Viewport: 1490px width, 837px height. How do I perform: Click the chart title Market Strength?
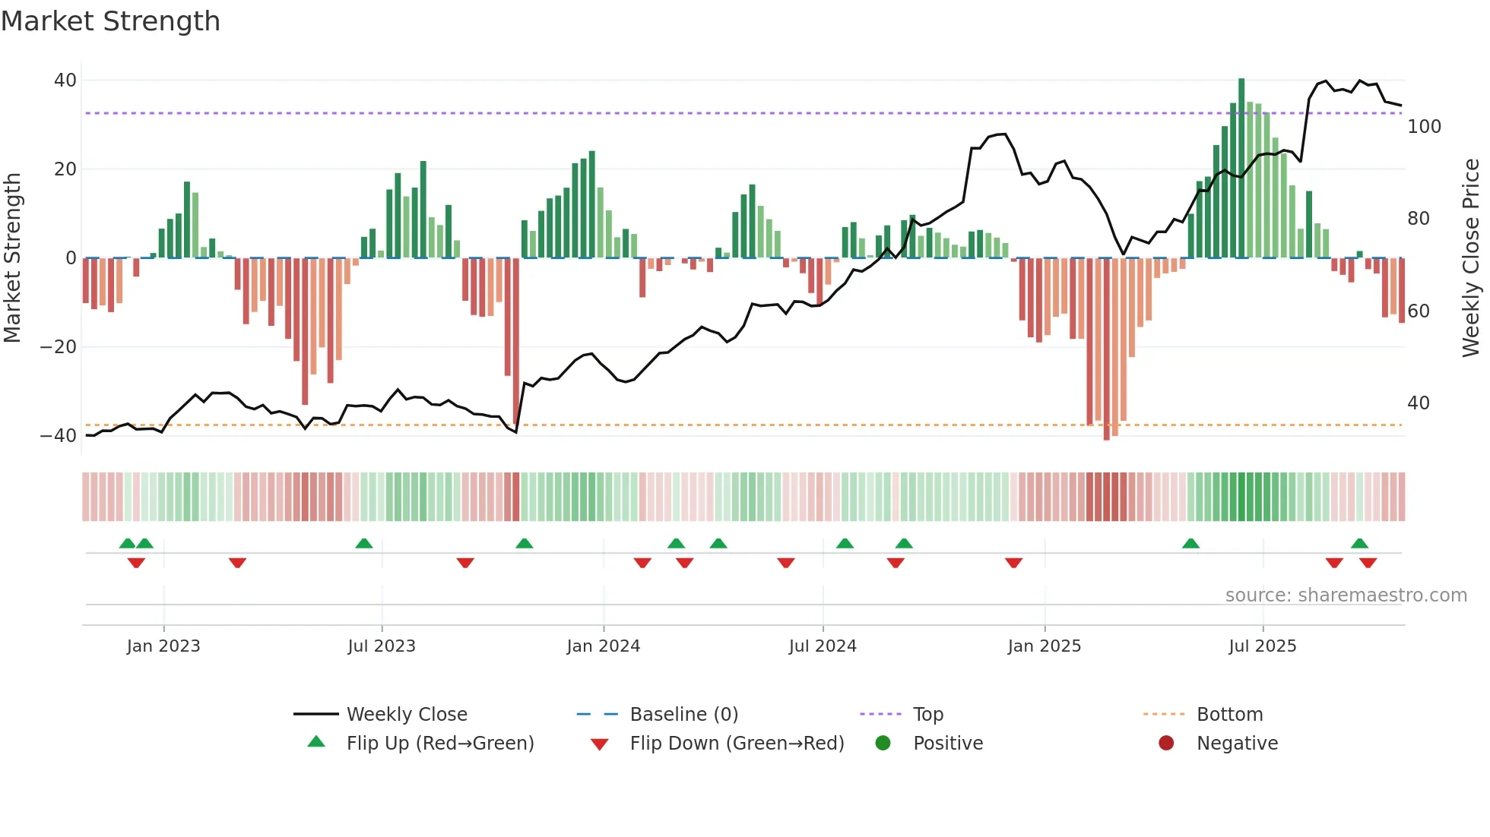111,21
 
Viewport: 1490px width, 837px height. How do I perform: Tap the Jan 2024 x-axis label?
603,646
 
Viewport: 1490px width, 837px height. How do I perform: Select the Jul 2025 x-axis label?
1262,646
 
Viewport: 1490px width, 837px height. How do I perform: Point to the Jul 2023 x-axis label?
381,646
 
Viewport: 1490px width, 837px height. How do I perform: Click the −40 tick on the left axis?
59,436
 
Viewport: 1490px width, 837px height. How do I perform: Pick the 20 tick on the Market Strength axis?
65,169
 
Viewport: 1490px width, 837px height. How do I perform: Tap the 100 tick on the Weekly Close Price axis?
1423,127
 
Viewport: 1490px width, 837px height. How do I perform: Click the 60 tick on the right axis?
1418,311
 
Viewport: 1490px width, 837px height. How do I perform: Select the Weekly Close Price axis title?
1471,258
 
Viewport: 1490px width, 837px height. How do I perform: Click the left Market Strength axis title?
12,258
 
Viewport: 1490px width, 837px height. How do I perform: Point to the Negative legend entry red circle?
1165,744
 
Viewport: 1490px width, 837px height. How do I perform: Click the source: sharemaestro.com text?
1346,595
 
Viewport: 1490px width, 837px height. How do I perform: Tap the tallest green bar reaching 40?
1241,167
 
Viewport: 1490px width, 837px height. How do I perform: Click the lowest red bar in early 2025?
1106,349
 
